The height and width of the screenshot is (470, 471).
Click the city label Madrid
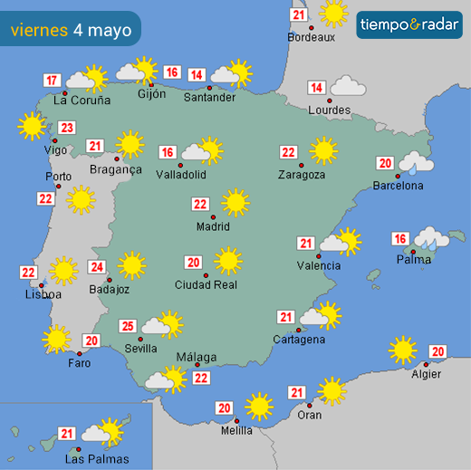(x=214, y=227)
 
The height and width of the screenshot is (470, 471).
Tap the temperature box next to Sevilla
(x=129, y=327)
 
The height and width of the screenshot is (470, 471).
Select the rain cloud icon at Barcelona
(x=416, y=163)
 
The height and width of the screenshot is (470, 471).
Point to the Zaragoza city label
(x=302, y=175)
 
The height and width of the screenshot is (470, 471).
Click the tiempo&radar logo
(x=409, y=24)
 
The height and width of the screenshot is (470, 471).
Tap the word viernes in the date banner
(x=39, y=30)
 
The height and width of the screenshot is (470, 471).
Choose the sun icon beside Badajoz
(x=131, y=265)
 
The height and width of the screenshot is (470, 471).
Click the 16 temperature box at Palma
(x=399, y=239)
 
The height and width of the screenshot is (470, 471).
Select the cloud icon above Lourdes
(x=347, y=87)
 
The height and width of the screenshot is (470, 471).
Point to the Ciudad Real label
(x=206, y=285)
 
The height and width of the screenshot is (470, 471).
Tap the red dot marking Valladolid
(x=181, y=165)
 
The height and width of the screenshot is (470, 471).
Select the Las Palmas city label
(x=97, y=459)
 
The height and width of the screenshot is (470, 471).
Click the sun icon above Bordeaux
(x=333, y=13)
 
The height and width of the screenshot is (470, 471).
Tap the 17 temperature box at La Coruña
(x=53, y=80)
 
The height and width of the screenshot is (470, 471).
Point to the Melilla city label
(x=236, y=431)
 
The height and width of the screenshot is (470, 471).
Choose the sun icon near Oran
(x=332, y=390)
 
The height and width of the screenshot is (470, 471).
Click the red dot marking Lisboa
(x=42, y=284)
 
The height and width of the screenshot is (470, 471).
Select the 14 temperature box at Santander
(x=197, y=75)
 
